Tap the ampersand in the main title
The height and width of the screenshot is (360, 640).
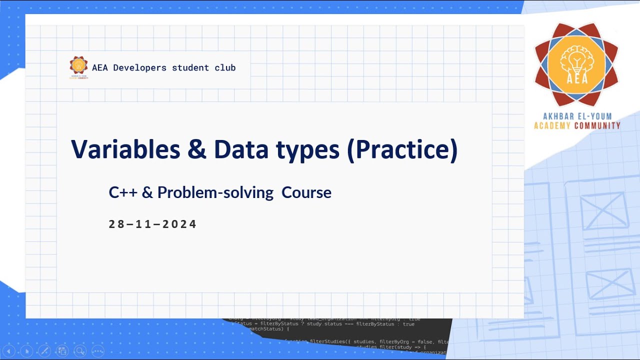(x=198, y=149)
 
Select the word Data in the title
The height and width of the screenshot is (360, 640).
(x=240, y=149)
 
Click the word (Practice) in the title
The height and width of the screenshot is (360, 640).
(x=402, y=149)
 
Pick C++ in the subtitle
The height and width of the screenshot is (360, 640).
(x=122, y=192)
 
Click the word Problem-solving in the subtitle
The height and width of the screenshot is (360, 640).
(x=215, y=192)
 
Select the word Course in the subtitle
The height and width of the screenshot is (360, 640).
(x=306, y=192)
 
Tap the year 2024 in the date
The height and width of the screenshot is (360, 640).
(x=180, y=224)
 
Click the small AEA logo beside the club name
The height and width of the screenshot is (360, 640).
(x=78, y=67)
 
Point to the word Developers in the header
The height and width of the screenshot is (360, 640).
(x=140, y=67)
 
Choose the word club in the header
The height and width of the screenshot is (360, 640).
(x=225, y=67)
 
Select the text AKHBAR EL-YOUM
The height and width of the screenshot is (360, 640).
(x=576, y=117)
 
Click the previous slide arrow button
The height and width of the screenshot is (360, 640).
(x=9, y=350)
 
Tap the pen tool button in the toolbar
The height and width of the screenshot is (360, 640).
(x=44, y=350)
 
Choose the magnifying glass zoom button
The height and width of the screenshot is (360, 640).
(x=79, y=350)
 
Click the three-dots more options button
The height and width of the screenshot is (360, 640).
(x=97, y=350)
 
